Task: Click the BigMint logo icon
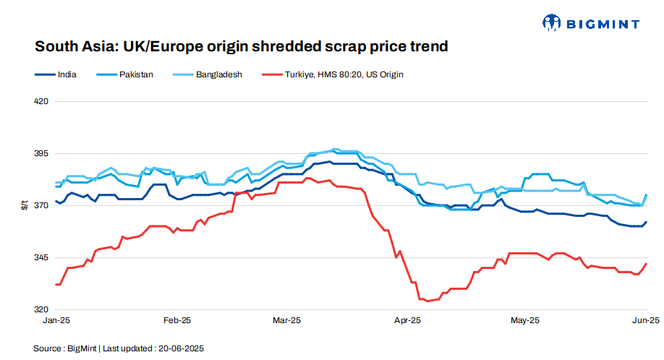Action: click(x=553, y=23)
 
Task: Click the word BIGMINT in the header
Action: click(x=603, y=24)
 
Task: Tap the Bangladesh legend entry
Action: click(x=218, y=74)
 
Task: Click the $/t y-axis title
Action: click(x=24, y=206)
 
